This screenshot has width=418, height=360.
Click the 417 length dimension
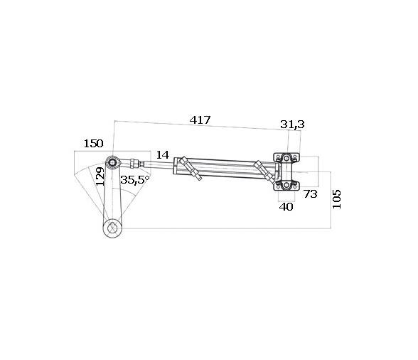[200, 120]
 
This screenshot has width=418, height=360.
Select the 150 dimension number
[93, 143]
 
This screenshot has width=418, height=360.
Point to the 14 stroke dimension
[163, 155]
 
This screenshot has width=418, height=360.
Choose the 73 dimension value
[310, 193]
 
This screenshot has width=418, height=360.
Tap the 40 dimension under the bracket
[286, 207]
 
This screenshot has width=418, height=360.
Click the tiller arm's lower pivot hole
[112, 228]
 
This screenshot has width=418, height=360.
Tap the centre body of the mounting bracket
[287, 171]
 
